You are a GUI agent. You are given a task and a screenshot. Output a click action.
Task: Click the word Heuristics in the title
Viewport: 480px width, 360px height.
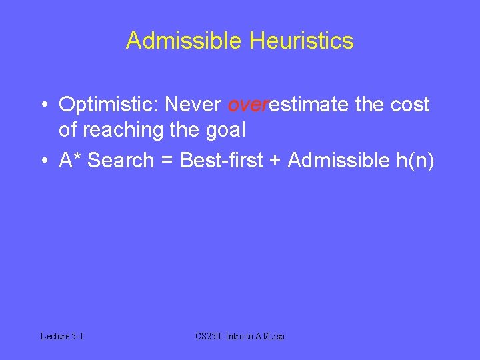pos(301,41)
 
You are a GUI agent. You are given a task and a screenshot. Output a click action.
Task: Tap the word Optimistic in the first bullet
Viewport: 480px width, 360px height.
pos(109,105)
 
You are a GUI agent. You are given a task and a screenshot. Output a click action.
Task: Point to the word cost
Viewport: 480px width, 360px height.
pos(409,105)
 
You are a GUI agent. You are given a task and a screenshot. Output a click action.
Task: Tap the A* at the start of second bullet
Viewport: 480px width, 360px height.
pos(70,160)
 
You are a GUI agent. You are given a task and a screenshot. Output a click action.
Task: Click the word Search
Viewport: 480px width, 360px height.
pos(121,160)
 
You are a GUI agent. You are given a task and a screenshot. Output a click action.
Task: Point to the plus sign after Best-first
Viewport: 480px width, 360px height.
pos(276,161)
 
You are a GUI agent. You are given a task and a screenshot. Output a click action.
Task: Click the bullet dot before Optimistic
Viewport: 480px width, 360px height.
pos(43,105)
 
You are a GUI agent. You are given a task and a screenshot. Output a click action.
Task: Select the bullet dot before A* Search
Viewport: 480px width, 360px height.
pos(43,161)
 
